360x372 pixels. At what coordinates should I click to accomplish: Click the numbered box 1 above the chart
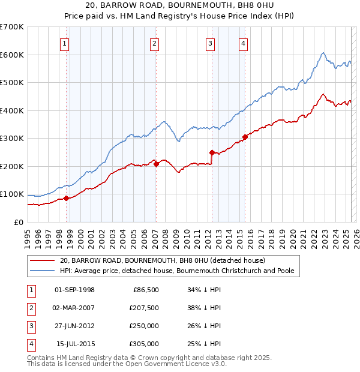coord(64,43)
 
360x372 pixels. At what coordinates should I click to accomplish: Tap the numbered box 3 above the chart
coord(211,43)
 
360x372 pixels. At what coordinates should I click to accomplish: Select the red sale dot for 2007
coord(156,163)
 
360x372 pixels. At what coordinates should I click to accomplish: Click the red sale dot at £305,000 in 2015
coord(245,137)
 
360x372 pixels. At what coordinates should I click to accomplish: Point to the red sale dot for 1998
coord(66,198)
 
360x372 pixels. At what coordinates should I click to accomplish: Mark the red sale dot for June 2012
coord(212,152)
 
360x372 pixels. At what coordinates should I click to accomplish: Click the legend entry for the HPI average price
coord(176,271)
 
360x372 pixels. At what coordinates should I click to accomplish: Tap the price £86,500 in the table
coord(144,290)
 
